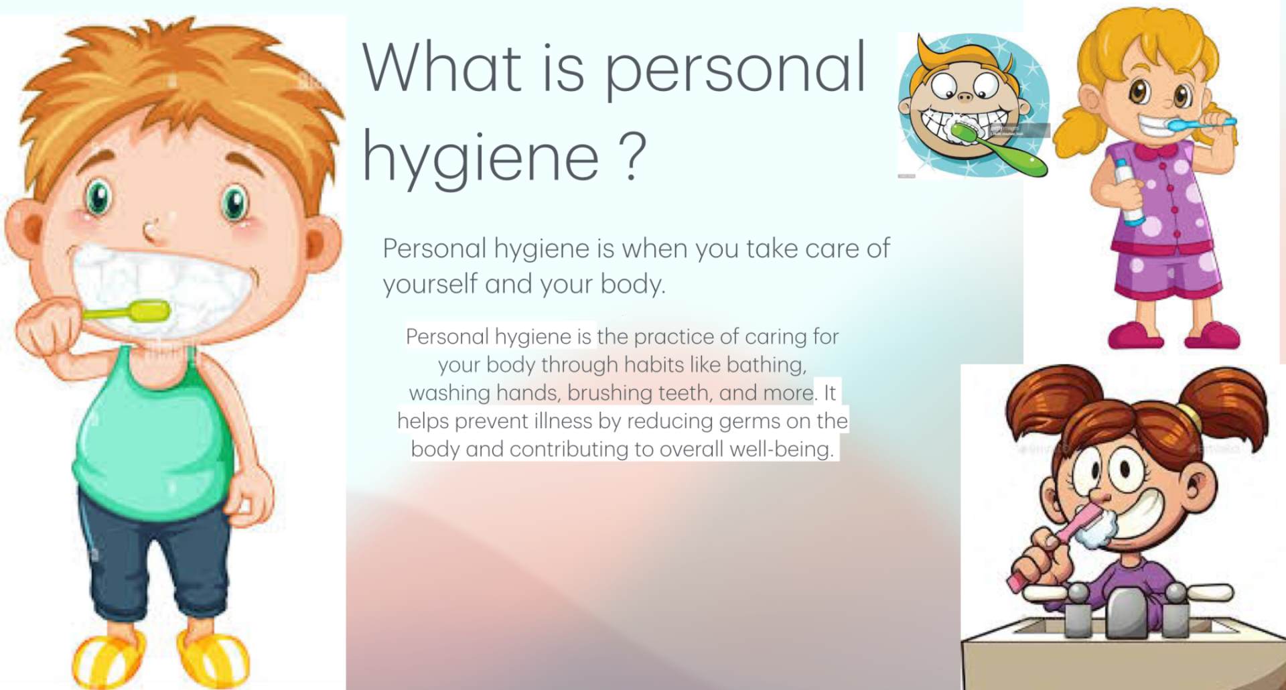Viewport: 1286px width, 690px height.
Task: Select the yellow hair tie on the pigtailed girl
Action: [1192, 415]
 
